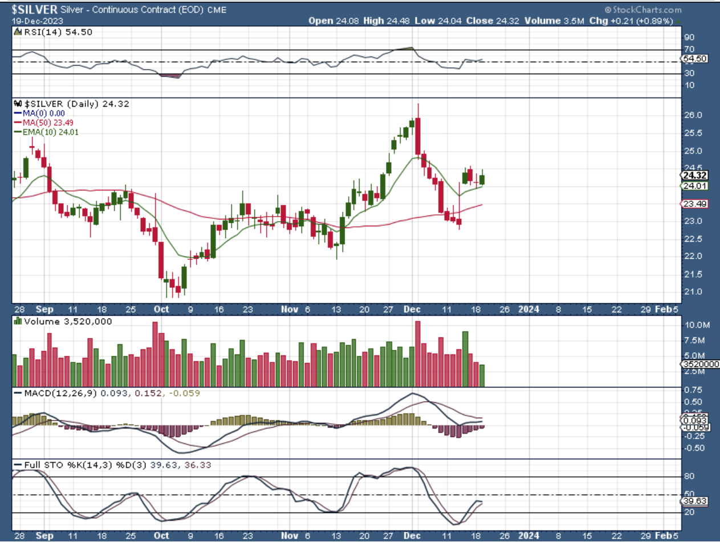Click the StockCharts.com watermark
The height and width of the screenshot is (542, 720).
coord(643,10)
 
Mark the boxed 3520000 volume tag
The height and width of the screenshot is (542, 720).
coord(699,364)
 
